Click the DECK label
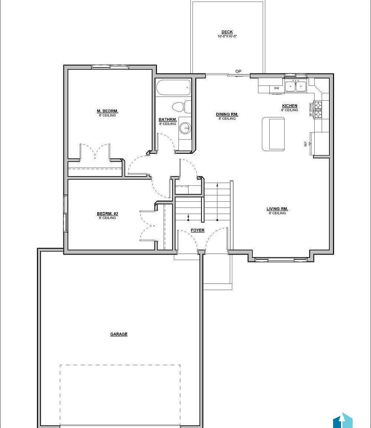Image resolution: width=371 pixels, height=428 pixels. point(227,32)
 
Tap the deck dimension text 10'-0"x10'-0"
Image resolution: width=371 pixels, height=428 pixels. point(227,36)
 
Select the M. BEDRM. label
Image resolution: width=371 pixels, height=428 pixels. point(107,111)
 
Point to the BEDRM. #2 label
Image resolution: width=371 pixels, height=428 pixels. point(107,214)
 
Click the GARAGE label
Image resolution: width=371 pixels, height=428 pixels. point(119,334)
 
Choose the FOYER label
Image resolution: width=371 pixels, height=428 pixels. point(198,230)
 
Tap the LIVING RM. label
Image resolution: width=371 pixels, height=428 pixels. point(277,209)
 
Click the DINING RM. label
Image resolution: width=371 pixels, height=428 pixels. point(227,114)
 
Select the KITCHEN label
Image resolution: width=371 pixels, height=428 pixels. point(289,106)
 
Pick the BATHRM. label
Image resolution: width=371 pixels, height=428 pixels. point(168,120)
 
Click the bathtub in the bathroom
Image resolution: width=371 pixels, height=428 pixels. point(173,88)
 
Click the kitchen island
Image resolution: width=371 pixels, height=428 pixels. point(273,134)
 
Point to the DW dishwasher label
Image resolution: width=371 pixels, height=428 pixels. point(276,88)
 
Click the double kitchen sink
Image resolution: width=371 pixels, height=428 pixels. point(296,86)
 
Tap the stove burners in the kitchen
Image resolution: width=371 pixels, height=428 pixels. point(318,110)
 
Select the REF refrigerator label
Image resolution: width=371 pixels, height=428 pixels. point(306,143)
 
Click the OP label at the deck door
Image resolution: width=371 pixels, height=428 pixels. point(238,71)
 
